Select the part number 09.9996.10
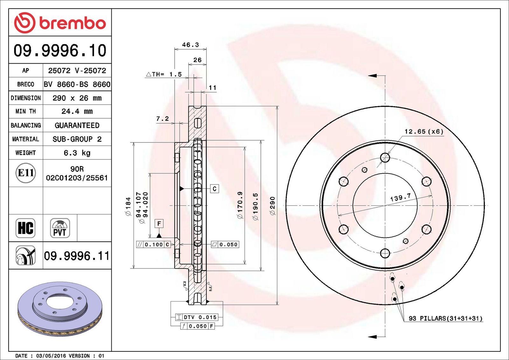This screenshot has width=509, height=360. coord(60,51)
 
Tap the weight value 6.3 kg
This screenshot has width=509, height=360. coord(77,153)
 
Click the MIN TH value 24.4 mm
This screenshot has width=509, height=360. coord(77,111)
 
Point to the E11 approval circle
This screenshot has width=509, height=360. coord(26,173)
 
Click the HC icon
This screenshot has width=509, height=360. coord(25,228)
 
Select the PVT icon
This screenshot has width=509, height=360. coord(60,228)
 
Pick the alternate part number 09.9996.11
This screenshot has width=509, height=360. coord(77,256)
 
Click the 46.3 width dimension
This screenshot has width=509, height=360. coord(191,45)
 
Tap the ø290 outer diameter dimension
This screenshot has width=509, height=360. coord(272,206)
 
